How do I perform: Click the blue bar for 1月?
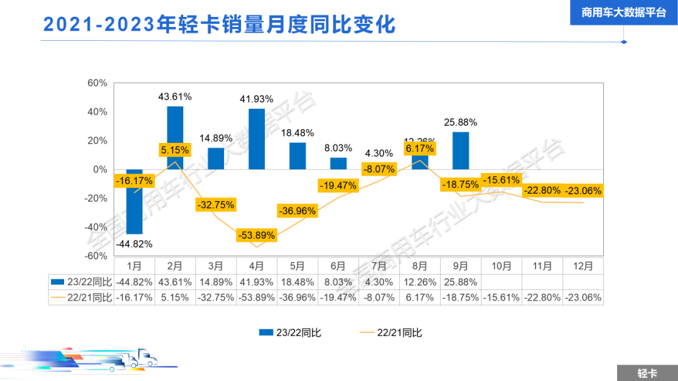pos(134,202)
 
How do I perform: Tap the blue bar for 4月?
pos(257,139)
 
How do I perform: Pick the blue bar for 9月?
pos(460,150)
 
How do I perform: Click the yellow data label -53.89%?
pos(257,236)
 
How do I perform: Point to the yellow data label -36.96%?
pos(298,211)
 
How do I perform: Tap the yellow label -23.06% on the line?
pos(583,191)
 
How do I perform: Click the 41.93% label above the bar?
pos(257,99)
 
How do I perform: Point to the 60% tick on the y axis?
pos(97,83)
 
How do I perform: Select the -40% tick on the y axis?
pos(96,227)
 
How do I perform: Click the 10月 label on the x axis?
pos(502,266)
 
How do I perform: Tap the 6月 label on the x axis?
pos(339,266)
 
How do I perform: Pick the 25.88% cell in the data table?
pos(460,282)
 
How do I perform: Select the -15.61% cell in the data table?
pos(502,298)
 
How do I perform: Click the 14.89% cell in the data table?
pos(215,282)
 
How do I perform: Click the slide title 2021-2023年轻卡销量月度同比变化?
pos(219,24)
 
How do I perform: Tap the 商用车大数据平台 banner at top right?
pos(623,13)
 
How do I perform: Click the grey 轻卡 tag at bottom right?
pos(647,373)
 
